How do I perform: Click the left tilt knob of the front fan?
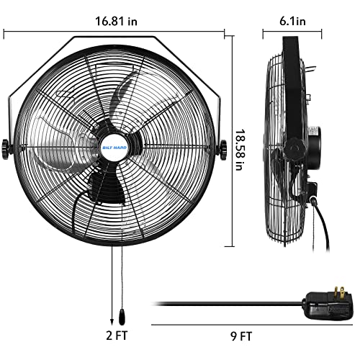9,149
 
